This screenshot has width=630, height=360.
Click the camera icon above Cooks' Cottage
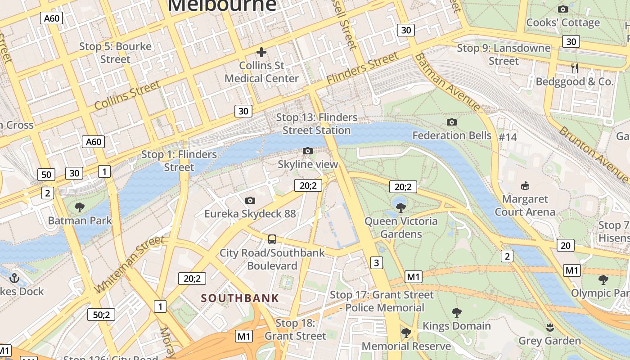562,9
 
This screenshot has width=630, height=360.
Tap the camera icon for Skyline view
308,151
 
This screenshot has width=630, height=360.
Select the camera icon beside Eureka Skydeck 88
250,200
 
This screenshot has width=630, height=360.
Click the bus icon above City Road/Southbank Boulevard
272,239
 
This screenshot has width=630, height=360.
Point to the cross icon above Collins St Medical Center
261,52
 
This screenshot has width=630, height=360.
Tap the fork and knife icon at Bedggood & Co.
574,68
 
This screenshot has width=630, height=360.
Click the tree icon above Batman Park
80,207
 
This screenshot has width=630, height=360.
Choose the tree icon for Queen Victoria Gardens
400,207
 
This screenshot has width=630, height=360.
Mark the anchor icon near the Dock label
14,278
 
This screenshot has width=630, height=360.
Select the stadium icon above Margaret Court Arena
525,185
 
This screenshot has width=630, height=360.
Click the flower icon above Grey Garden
549,327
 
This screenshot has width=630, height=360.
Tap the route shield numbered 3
377,262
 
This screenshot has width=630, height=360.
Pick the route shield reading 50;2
101,315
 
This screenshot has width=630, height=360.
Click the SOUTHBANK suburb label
240,298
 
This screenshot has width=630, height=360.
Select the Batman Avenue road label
447,82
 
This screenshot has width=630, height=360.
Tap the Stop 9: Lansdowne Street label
504,54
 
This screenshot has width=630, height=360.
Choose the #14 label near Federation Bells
508,137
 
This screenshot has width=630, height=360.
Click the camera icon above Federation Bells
452,122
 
